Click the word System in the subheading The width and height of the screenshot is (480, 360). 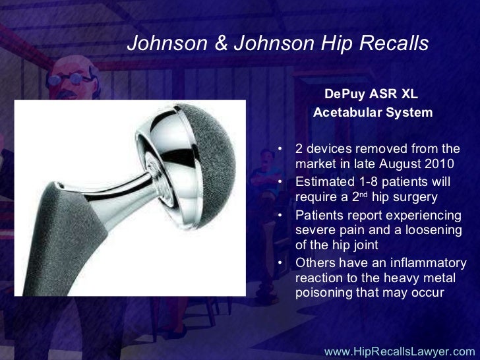click(409, 113)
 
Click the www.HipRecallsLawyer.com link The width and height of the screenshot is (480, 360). click(400, 351)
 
